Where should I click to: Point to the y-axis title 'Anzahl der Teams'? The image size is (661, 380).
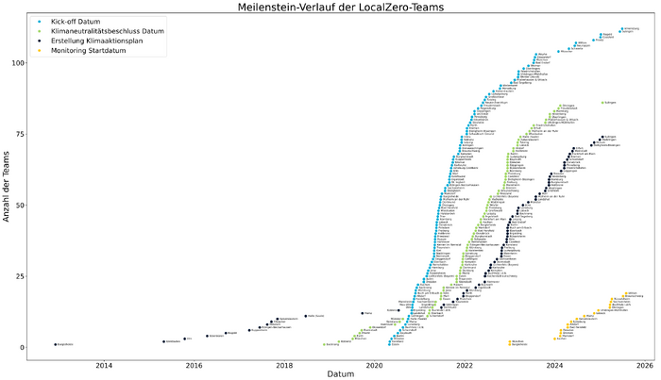[x=8, y=189]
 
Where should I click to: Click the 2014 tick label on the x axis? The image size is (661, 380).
[x=104, y=364]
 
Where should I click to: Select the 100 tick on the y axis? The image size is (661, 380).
[x=19, y=63]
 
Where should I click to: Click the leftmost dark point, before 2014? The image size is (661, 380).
[x=56, y=344]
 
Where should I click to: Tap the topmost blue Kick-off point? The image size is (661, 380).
[x=621, y=29]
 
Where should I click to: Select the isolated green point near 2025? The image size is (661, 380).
[x=602, y=103]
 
